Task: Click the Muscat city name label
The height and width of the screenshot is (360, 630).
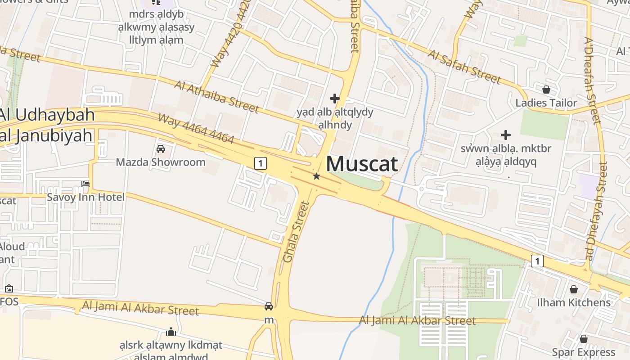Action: click(362, 164)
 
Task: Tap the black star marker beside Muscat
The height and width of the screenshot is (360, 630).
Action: click(316, 176)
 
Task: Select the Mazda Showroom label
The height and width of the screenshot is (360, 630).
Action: click(161, 162)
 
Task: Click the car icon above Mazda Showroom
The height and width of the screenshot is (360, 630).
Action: click(161, 149)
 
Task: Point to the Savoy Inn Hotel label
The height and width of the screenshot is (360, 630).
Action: click(86, 197)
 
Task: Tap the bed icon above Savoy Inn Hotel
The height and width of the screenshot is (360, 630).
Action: click(85, 184)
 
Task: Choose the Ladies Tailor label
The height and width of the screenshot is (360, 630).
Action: click(546, 103)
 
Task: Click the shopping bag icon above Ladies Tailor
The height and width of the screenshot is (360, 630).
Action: click(546, 90)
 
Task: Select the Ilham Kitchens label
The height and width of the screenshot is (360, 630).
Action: click(574, 302)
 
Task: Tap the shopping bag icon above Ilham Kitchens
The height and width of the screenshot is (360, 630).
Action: click(574, 289)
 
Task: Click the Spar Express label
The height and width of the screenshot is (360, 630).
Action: click(584, 352)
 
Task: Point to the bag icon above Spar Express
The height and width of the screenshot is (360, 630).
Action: click(584, 339)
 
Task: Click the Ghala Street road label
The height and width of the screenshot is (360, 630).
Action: click(297, 232)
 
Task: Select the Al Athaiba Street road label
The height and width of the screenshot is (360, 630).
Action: click(217, 97)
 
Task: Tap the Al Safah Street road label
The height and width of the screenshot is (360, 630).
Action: click(464, 67)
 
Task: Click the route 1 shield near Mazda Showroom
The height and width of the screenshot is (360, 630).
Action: click(261, 163)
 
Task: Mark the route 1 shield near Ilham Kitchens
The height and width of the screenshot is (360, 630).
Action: click(537, 261)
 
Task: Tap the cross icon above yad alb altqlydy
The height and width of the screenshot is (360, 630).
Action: click(335, 98)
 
